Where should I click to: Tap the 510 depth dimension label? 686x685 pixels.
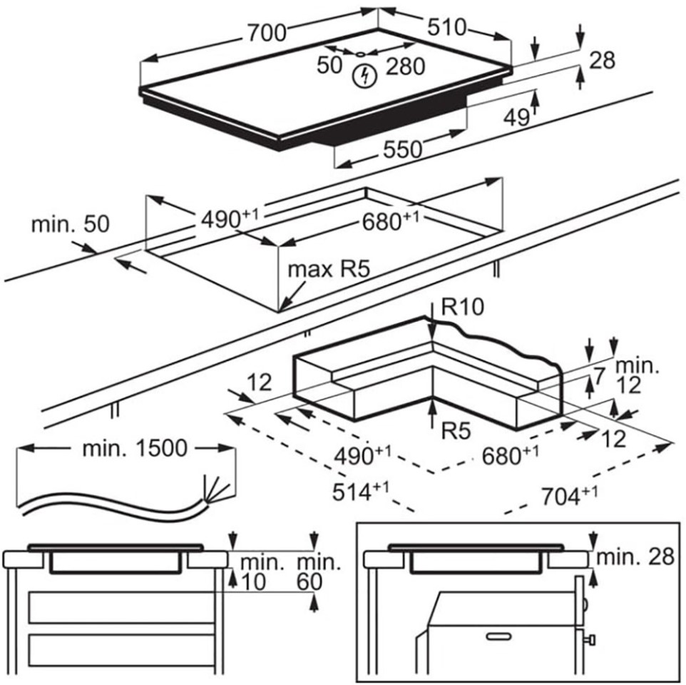[446, 28]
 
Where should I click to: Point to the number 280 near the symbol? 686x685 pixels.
[405, 67]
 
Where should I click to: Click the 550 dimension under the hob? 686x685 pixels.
[404, 149]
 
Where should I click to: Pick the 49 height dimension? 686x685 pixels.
[516, 116]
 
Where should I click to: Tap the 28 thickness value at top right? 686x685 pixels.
[602, 61]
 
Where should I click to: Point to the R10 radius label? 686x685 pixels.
[463, 307]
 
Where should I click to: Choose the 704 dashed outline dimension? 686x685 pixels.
[568, 494]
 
